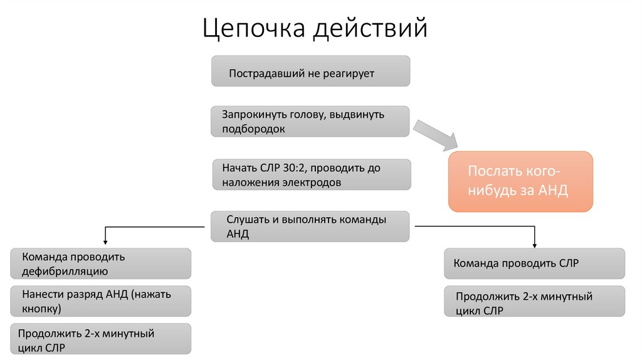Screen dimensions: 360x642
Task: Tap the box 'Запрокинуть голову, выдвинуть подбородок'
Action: (311, 122)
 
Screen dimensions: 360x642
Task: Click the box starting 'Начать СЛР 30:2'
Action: (311, 175)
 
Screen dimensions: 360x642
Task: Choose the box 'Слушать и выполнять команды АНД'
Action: (311, 226)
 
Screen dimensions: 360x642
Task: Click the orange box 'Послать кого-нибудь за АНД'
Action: (520, 181)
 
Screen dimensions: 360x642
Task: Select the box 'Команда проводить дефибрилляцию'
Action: (101, 263)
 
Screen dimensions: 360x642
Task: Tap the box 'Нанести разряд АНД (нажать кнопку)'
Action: (101, 301)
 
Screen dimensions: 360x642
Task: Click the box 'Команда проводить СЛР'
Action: (534, 263)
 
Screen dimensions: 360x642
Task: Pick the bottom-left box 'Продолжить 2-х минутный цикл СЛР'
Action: (101, 339)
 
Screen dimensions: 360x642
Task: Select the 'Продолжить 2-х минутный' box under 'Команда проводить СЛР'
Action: (534, 302)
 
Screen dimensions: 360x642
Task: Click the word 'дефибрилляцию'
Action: (65, 272)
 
